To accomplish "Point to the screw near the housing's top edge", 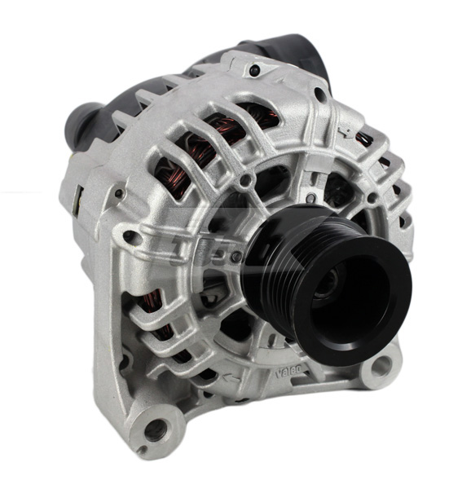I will click(x=255, y=73).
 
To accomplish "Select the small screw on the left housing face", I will click(x=119, y=193).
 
